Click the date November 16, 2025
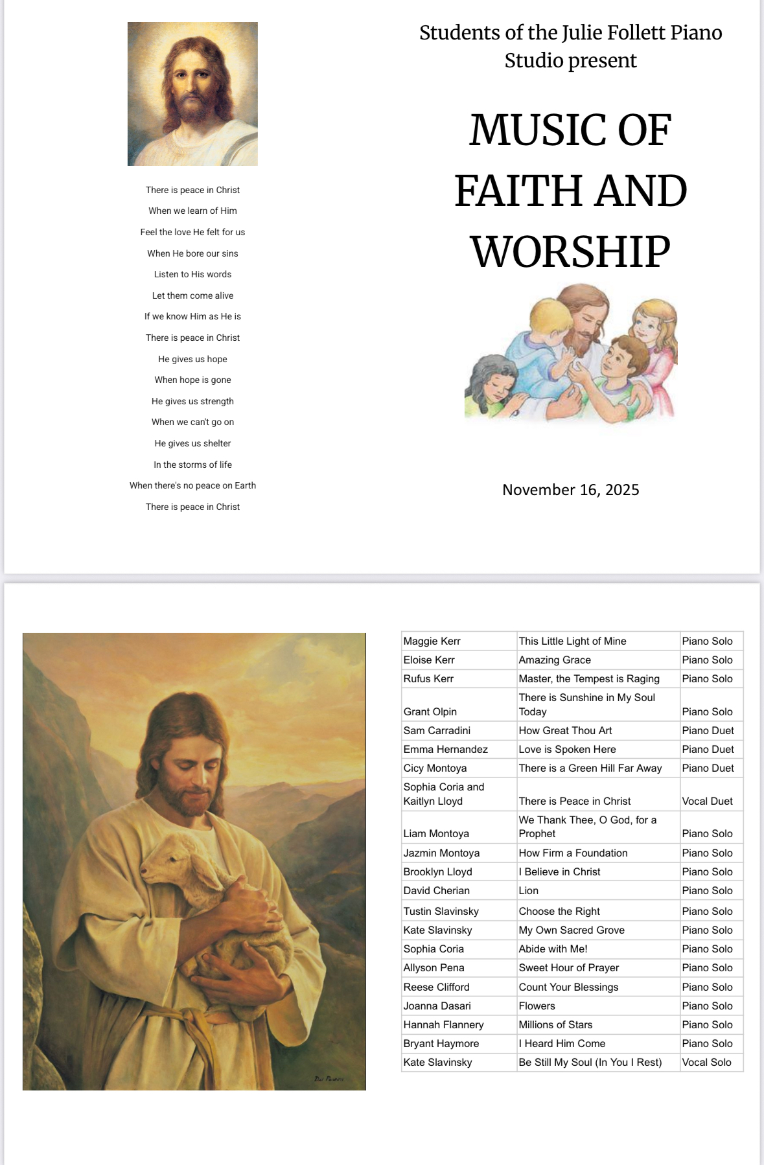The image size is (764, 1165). tap(570, 490)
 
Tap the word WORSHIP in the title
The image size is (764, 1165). tap(570, 251)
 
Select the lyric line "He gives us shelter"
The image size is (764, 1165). tap(192, 443)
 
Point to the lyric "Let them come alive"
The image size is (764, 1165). tap(192, 295)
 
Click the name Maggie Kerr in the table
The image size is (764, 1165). tap(432, 641)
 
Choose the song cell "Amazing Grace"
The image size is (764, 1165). tap(555, 660)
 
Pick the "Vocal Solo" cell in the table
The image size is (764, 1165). tap(706, 1062)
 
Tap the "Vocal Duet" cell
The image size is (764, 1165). tap(707, 801)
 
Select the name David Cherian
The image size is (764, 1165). tap(436, 890)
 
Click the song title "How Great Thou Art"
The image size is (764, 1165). tap(565, 730)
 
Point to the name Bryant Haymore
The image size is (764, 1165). tap(441, 1043)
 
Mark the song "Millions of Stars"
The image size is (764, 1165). tap(555, 1024)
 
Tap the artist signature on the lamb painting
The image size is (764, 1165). tap(329, 1079)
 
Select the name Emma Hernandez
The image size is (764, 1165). tap(445, 749)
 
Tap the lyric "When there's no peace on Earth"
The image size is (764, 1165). tap(192, 485)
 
